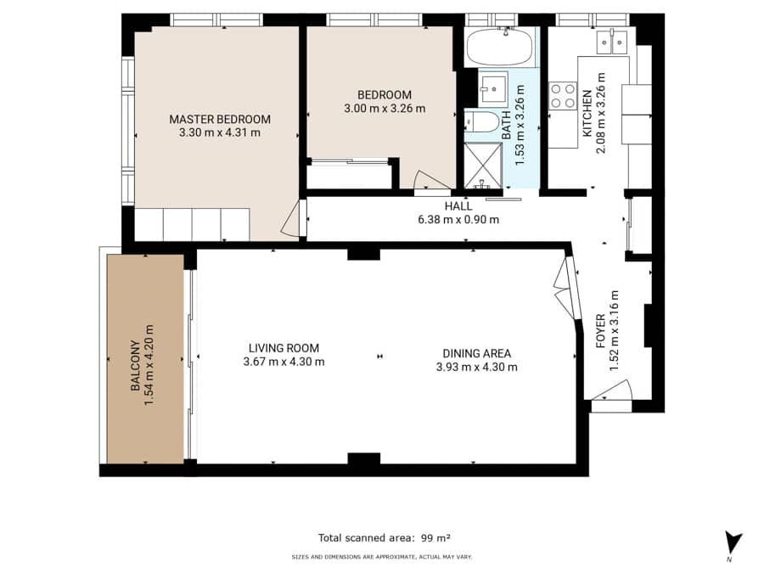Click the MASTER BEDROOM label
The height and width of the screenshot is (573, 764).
(x=220, y=119)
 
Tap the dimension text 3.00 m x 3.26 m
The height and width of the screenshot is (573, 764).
(x=385, y=108)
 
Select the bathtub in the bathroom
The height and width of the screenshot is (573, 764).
(x=499, y=47)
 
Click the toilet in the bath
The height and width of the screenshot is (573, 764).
(x=482, y=121)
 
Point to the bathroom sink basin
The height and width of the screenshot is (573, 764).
(x=493, y=87)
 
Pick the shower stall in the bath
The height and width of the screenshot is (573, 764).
(x=482, y=166)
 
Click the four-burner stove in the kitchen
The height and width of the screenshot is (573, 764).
(x=563, y=96)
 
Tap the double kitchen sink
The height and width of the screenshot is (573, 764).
(x=611, y=42)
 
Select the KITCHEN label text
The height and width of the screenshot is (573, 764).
(x=587, y=113)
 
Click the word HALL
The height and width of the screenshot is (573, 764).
(x=458, y=206)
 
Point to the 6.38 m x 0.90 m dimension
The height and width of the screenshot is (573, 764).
(x=458, y=220)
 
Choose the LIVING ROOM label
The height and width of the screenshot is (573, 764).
(x=284, y=348)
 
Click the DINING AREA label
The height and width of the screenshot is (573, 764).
(x=476, y=353)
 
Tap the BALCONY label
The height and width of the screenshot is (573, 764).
(x=136, y=365)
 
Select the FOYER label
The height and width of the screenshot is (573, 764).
(x=600, y=331)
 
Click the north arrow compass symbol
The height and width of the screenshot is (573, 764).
(x=733, y=544)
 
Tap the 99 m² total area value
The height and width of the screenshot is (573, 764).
(x=435, y=538)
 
